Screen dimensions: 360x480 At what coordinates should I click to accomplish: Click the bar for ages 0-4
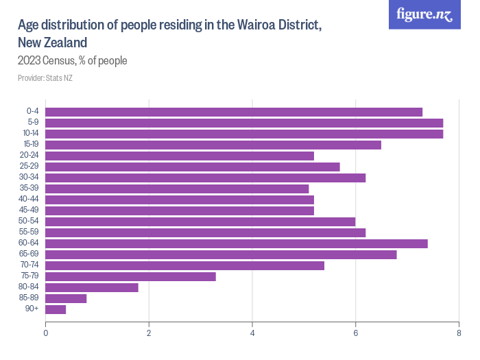click(x=233, y=112)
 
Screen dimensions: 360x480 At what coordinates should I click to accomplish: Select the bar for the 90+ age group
click(x=56, y=309)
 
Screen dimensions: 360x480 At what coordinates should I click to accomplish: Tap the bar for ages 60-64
click(x=236, y=243)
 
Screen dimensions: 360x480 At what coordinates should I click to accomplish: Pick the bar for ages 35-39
click(x=177, y=189)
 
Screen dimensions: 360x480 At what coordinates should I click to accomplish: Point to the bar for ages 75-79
click(x=130, y=276)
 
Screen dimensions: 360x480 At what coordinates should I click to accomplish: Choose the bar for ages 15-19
click(x=213, y=145)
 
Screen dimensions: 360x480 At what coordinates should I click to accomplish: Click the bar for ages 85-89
click(x=66, y=298)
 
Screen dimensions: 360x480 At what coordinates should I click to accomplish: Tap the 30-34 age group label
click(x=30, y=178)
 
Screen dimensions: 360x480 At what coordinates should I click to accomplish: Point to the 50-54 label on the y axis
click(x=30, y=221)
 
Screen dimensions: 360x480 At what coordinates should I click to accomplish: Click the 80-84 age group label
click(x=30, y=287)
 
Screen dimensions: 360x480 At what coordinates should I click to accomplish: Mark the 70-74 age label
click(x=30, y=265)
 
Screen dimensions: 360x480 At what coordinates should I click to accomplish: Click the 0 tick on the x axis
click(x=45, y=333)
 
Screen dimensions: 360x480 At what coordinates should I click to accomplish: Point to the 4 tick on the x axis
click(x=252, y=333)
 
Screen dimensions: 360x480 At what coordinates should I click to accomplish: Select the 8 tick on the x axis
click(x=458, y=333)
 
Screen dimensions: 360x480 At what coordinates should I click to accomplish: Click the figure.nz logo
click(x=424, y=14)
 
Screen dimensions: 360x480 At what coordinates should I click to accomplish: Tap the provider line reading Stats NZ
click(x=45, y=78)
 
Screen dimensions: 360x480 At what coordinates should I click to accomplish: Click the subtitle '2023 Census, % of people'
click(x=72, y=61)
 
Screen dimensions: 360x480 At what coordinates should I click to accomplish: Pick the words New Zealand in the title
click(x=52, y=43)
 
